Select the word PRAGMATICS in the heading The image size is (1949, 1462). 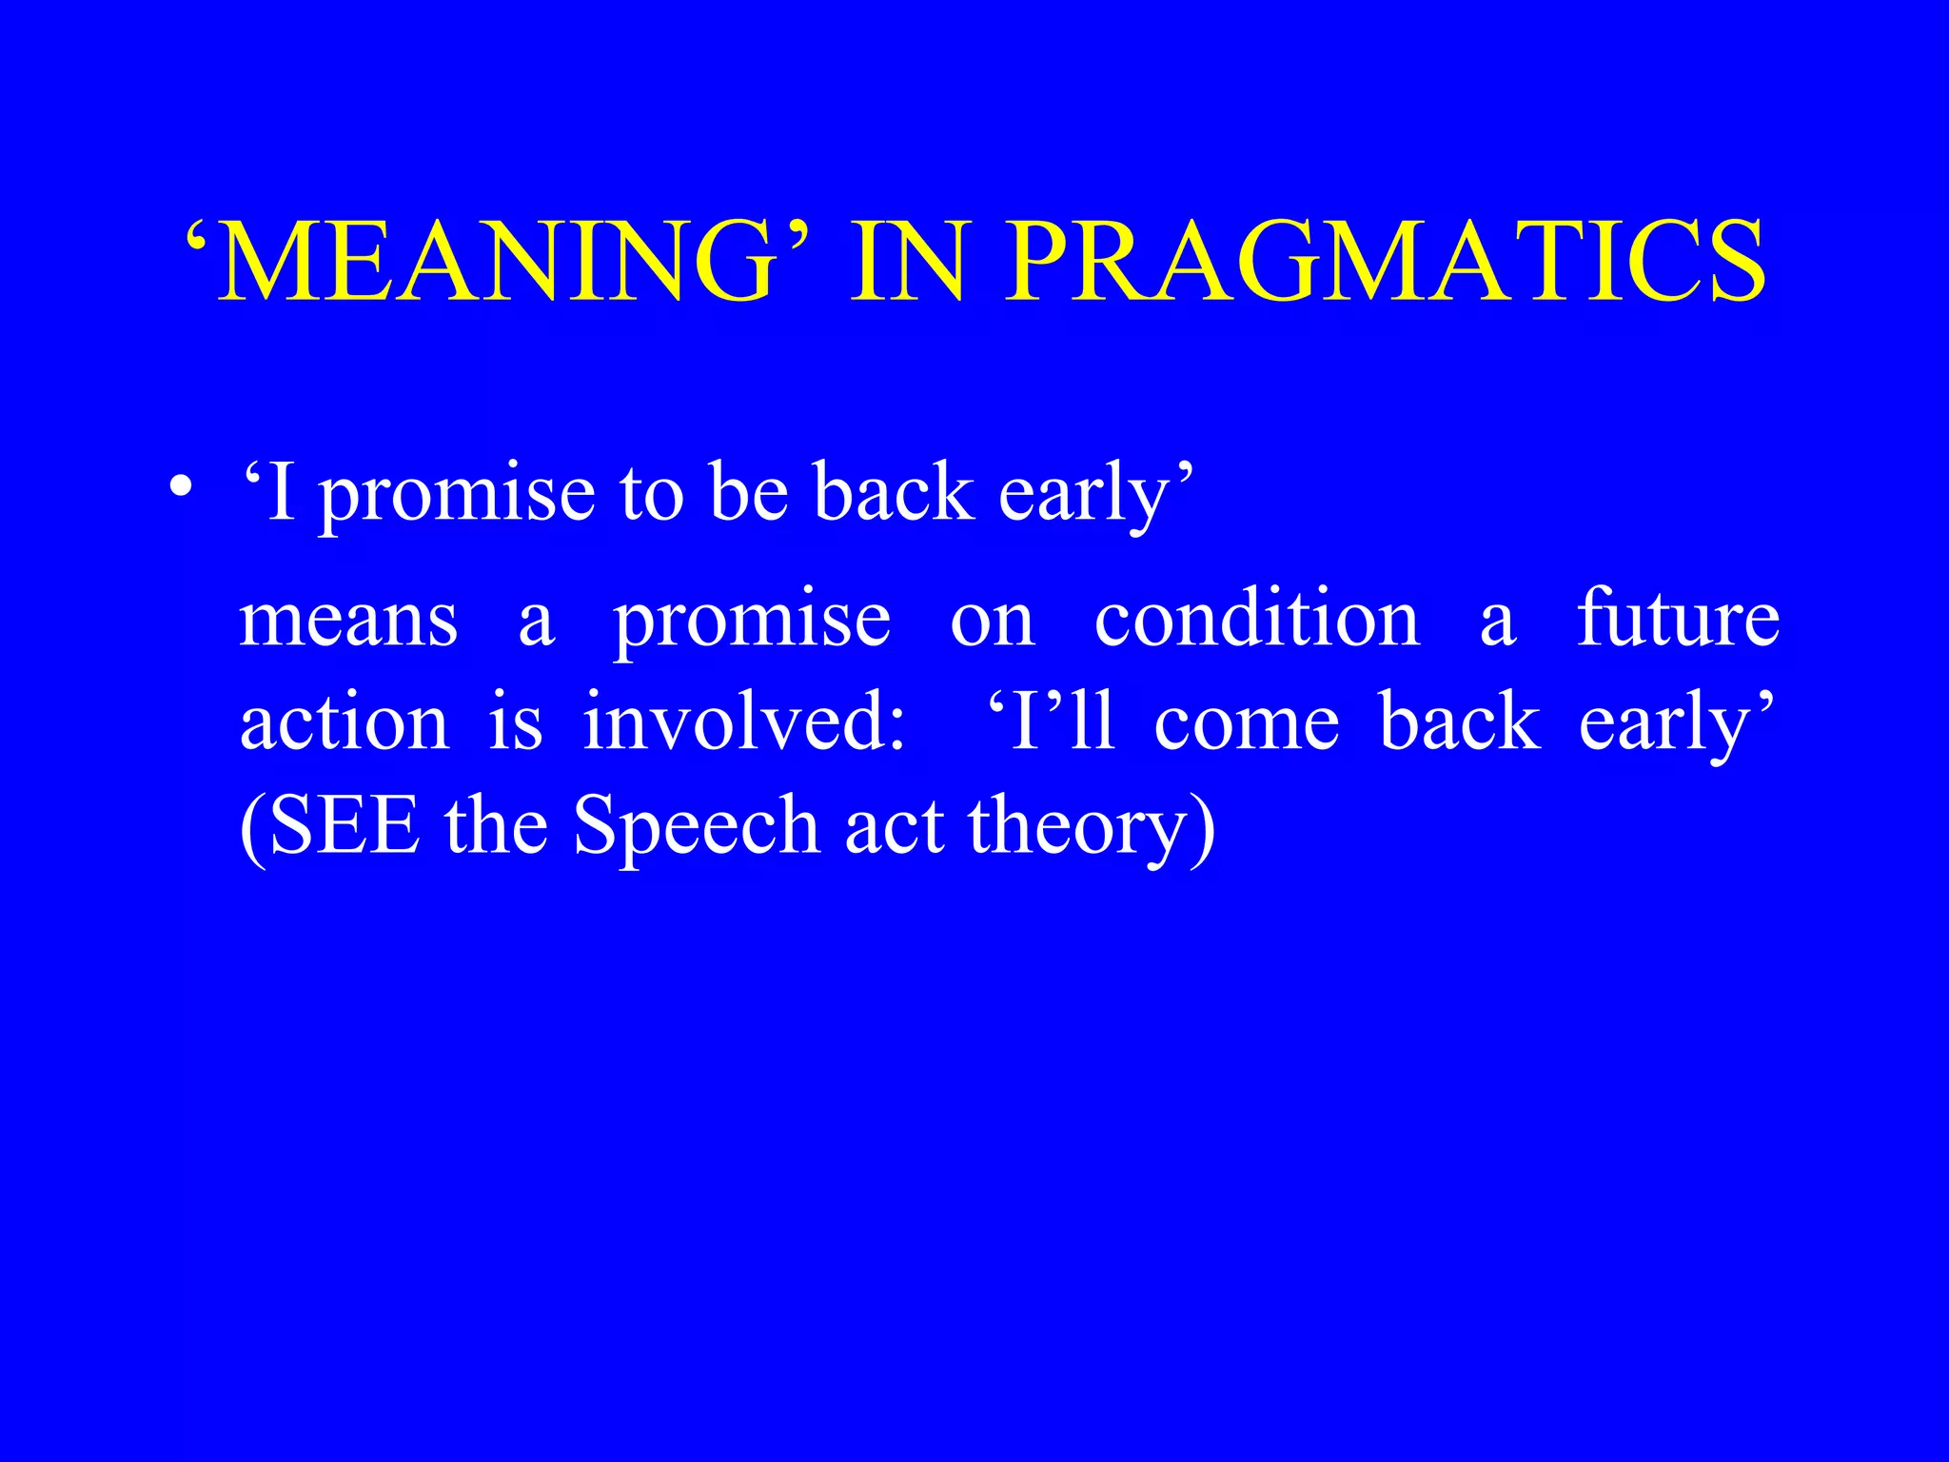pos(1385,262)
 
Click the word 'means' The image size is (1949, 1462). pos(348,622)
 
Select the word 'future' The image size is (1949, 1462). pos(1678,620)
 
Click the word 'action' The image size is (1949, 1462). pos(344,723)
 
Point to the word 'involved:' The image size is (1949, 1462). pos(743,723)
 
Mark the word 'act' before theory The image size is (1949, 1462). pos(894,826)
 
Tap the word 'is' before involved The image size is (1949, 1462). pos(516,723)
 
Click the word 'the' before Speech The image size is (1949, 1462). pos(496,826)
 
